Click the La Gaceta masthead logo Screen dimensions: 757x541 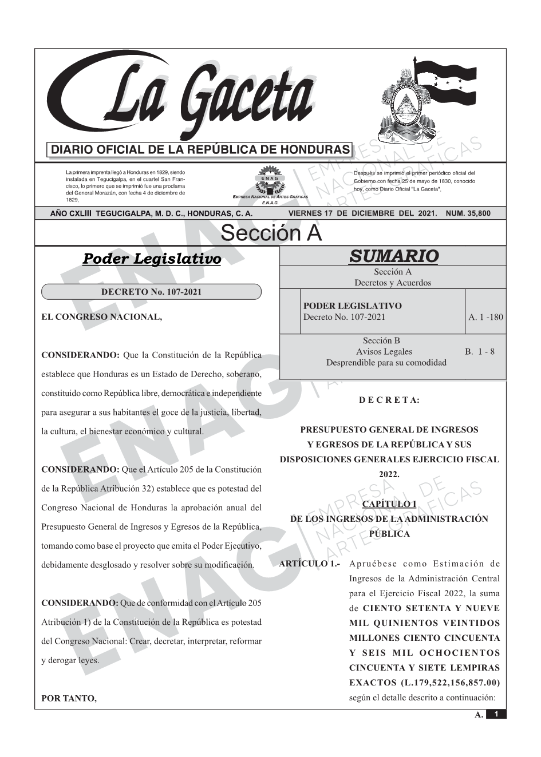183,97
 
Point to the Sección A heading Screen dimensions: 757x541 271,233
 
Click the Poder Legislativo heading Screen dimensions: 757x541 152,259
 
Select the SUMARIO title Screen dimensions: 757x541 393,256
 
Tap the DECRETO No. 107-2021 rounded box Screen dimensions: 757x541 151,292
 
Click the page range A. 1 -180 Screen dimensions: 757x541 485,317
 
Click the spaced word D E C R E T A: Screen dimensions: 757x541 389,401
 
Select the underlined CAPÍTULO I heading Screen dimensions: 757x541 389,504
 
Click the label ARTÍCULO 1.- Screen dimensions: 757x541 310,564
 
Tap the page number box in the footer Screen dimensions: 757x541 496,714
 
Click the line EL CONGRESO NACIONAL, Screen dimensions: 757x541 102,317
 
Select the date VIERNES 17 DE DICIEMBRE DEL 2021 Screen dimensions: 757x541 362,213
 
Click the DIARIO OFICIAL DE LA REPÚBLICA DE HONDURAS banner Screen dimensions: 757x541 200,150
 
